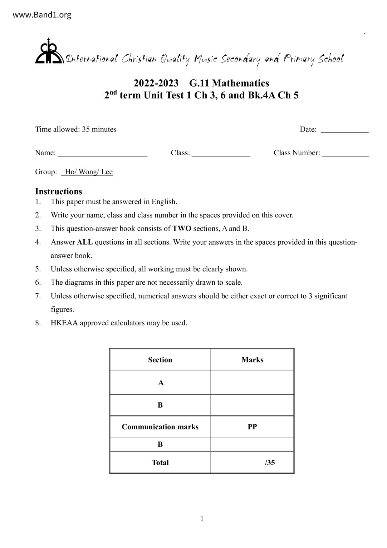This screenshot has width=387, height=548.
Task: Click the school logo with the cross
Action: [49, 52]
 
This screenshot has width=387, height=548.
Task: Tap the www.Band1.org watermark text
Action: [42, 15]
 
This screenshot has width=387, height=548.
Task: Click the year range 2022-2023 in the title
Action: [156, 83]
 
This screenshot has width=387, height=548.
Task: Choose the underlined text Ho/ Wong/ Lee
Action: [88, 172]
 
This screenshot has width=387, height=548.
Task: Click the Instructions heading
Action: [58, 191]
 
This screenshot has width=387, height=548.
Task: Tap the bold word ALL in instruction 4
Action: [85, 242]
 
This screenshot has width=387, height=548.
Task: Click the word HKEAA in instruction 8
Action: [64, 323]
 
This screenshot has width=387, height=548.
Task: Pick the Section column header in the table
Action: [160, 360]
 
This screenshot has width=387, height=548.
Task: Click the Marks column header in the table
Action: [252, 360]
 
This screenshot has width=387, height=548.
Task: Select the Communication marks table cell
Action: [160, 427]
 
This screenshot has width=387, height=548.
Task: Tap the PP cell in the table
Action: [252, 427]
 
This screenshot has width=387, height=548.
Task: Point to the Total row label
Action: [160, 462]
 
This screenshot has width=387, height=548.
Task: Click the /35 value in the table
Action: [270, 462]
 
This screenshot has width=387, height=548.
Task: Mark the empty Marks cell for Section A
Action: [252, 382]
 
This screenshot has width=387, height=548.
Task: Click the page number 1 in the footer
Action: [202, 519]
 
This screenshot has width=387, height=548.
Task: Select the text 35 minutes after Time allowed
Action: [99, 129]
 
